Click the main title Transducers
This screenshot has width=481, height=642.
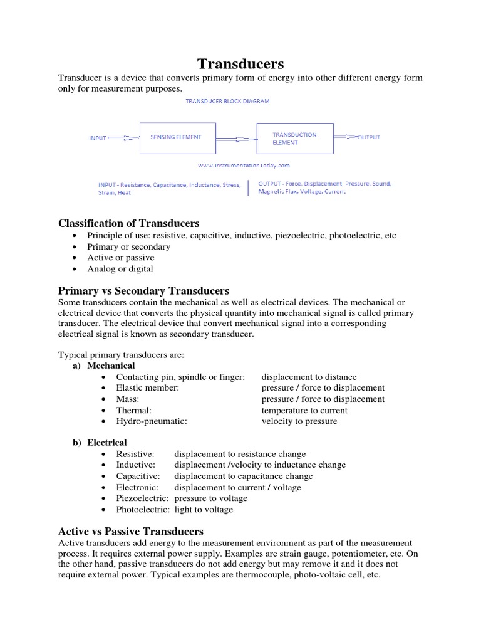[x=241, y=63]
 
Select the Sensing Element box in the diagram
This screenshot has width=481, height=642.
[x=175, y=137]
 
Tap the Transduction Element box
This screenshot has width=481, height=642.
[x=295, y=139]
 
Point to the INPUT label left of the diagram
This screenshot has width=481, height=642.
[x=98, y=138]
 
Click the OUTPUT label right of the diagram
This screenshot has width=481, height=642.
[x=368, y=137]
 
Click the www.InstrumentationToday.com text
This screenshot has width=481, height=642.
[x=244, y=166]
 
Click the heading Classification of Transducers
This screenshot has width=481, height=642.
[x=128, y=223]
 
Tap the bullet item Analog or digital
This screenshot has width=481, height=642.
[x=120, y=269]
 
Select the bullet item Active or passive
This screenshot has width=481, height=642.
[x=121, y=258]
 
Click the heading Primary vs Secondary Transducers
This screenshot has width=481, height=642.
[x=143, y=291]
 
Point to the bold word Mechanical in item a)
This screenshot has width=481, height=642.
[x=111, y=366]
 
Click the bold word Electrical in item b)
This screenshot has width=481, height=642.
[x=107, y=443]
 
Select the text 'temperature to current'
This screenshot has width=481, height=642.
[x=304, y=410]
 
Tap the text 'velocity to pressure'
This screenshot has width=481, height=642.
[x=299, y=421]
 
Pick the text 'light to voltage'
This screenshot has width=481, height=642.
[x=204, y=510]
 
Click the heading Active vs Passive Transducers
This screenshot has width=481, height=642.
[x=130, y=531]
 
